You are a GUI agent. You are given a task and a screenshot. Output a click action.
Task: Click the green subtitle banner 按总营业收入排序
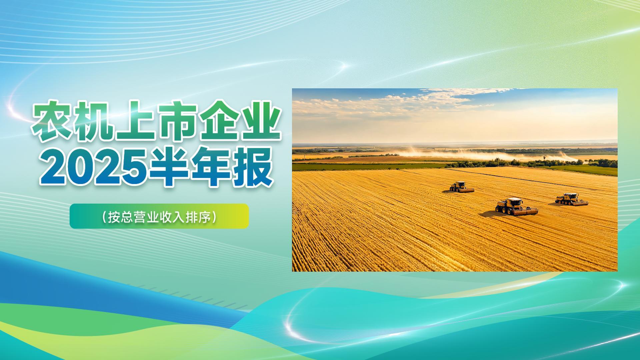[159, 216]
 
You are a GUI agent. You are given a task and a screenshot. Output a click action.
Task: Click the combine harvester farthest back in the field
[462, 187]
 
